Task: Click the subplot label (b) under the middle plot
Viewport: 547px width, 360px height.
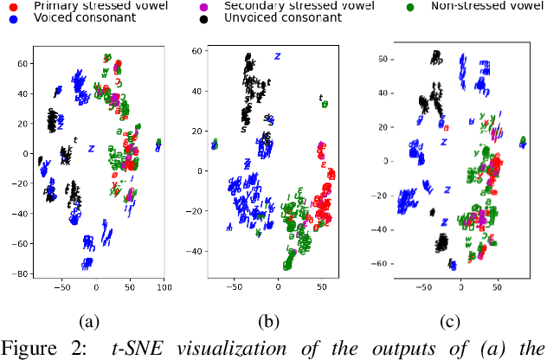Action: [270, 323]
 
